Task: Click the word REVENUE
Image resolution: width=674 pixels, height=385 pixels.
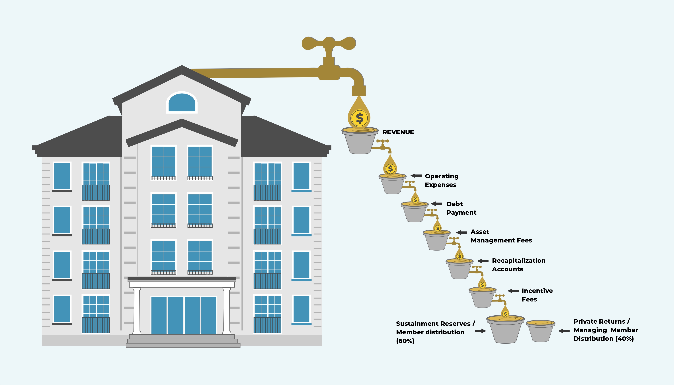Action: pos(398,132)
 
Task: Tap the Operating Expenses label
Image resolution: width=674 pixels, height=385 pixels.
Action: pos(441,180)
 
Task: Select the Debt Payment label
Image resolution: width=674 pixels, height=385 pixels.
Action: pos(461,208)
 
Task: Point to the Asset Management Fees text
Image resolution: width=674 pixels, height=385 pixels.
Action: pos(501,236)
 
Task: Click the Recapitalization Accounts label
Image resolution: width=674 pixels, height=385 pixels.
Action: pos(519,265)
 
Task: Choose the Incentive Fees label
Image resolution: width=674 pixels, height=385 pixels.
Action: pos(537,295)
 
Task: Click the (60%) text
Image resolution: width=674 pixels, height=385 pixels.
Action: pos(405,341)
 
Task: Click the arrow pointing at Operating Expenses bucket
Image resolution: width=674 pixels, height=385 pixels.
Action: pos(416,176)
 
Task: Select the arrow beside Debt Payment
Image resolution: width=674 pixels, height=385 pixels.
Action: pos(437,204)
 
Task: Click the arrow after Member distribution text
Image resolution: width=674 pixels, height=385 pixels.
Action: pos(480,331)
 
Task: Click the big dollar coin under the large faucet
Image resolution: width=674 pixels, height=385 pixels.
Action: pos(359,118)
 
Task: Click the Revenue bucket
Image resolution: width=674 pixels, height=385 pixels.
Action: pos(360,141)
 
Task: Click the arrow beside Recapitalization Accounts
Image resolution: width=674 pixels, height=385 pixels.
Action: pos(483,261)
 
